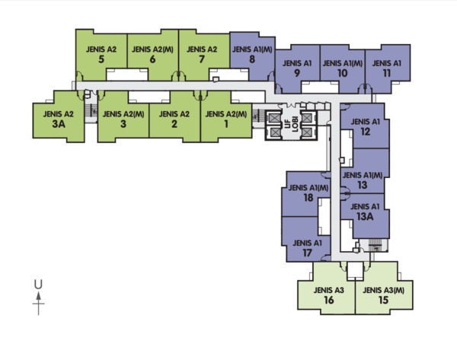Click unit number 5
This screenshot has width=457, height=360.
click(x=101, y=59)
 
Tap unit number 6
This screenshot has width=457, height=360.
click(x=152, y=59)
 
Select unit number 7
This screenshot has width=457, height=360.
click(x=202, y=59)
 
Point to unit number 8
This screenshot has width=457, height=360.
click(x=252, y=59)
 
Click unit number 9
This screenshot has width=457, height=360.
click(x=297, y=73)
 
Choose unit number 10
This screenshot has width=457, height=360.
click(x=343, y=73)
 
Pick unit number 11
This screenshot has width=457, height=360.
click(x=387, y=73)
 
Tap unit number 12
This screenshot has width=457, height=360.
click(x=365, y=132)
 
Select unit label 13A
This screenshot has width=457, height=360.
click(x=365, y=216)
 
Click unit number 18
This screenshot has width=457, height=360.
click(x=308, y=198)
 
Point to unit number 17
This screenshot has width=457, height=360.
click(x=307, y=253)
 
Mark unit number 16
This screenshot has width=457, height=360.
click(x=329, y=300)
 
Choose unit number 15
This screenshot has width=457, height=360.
click(x=384, y=300)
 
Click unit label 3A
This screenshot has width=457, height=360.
click(x=59, y=124)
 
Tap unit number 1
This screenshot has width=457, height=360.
click(x=226, y=124)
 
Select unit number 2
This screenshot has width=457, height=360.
click(x=174, y=124)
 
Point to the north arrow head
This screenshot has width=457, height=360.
click(x=38, y=296)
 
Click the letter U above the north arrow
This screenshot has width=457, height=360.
click(x=38, y=285)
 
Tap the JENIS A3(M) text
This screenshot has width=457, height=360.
click(x=384, y=291)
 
